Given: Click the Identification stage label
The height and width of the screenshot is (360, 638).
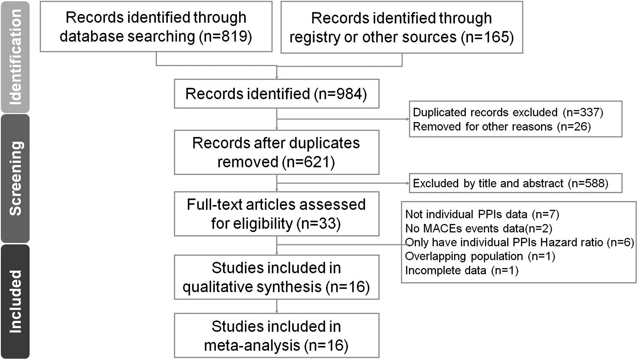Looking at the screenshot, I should point(15,57).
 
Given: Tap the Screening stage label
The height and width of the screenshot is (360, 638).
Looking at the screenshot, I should point(15,179).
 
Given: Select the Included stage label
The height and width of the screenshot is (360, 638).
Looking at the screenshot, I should point(15,301).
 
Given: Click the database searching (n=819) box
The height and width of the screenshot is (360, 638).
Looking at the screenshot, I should point(156,27).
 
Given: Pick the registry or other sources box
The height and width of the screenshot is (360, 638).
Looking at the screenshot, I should point(401,28).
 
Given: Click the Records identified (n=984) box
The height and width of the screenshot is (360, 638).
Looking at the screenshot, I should point(276,94).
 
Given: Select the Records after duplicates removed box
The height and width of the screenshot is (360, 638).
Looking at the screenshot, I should point(276,152).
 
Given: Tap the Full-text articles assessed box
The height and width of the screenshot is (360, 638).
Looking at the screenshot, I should point(276,214).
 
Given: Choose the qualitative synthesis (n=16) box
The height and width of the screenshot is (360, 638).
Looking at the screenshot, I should point(276,277).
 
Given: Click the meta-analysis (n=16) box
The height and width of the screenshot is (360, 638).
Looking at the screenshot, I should point(276,335).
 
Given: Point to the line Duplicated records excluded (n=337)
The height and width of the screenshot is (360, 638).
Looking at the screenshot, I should point(508,112).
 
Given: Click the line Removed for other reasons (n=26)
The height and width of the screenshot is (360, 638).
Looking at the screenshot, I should point(501,127).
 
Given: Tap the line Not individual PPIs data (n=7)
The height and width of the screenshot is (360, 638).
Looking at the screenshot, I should point(482,214).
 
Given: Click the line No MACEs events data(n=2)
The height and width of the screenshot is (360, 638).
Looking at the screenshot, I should point(479,229).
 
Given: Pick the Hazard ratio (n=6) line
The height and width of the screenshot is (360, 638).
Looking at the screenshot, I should point(519,243).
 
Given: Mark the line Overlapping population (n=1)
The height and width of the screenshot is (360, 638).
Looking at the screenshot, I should point(480,257).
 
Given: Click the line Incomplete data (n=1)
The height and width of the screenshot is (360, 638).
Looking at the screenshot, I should point(462,271).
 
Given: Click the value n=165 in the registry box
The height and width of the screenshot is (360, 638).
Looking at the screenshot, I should point(489,37).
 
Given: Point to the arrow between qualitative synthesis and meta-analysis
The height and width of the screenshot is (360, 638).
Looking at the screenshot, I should point(277,306).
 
